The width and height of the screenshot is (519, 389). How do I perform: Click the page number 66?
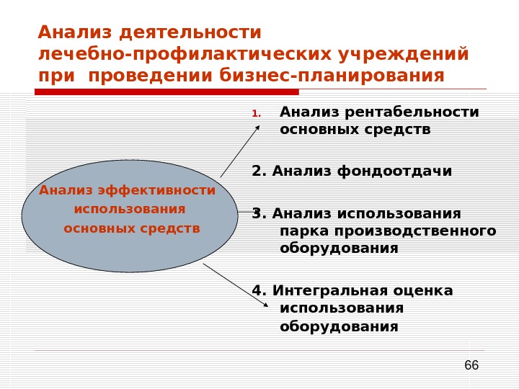pyautogui.click(x=471, y=366)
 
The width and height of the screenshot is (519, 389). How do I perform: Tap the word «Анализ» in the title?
pyautogui.click(x=76, y=33)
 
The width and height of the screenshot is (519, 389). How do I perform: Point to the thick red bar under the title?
pyautogui.click(x=167, y=92)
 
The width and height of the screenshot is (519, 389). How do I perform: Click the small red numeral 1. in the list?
pyautogui.click(x=256, y=114)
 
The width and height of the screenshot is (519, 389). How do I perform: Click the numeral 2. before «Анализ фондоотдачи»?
pyautogui.click(x=259, y=171)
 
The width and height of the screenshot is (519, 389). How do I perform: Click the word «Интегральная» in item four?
pyautogui.click(x=330, y=290)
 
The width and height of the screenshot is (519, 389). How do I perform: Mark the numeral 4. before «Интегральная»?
pyautogui.click(x=259, y=290)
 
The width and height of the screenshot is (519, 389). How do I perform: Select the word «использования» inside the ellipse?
pyautogui.click(x=130, y=209)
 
